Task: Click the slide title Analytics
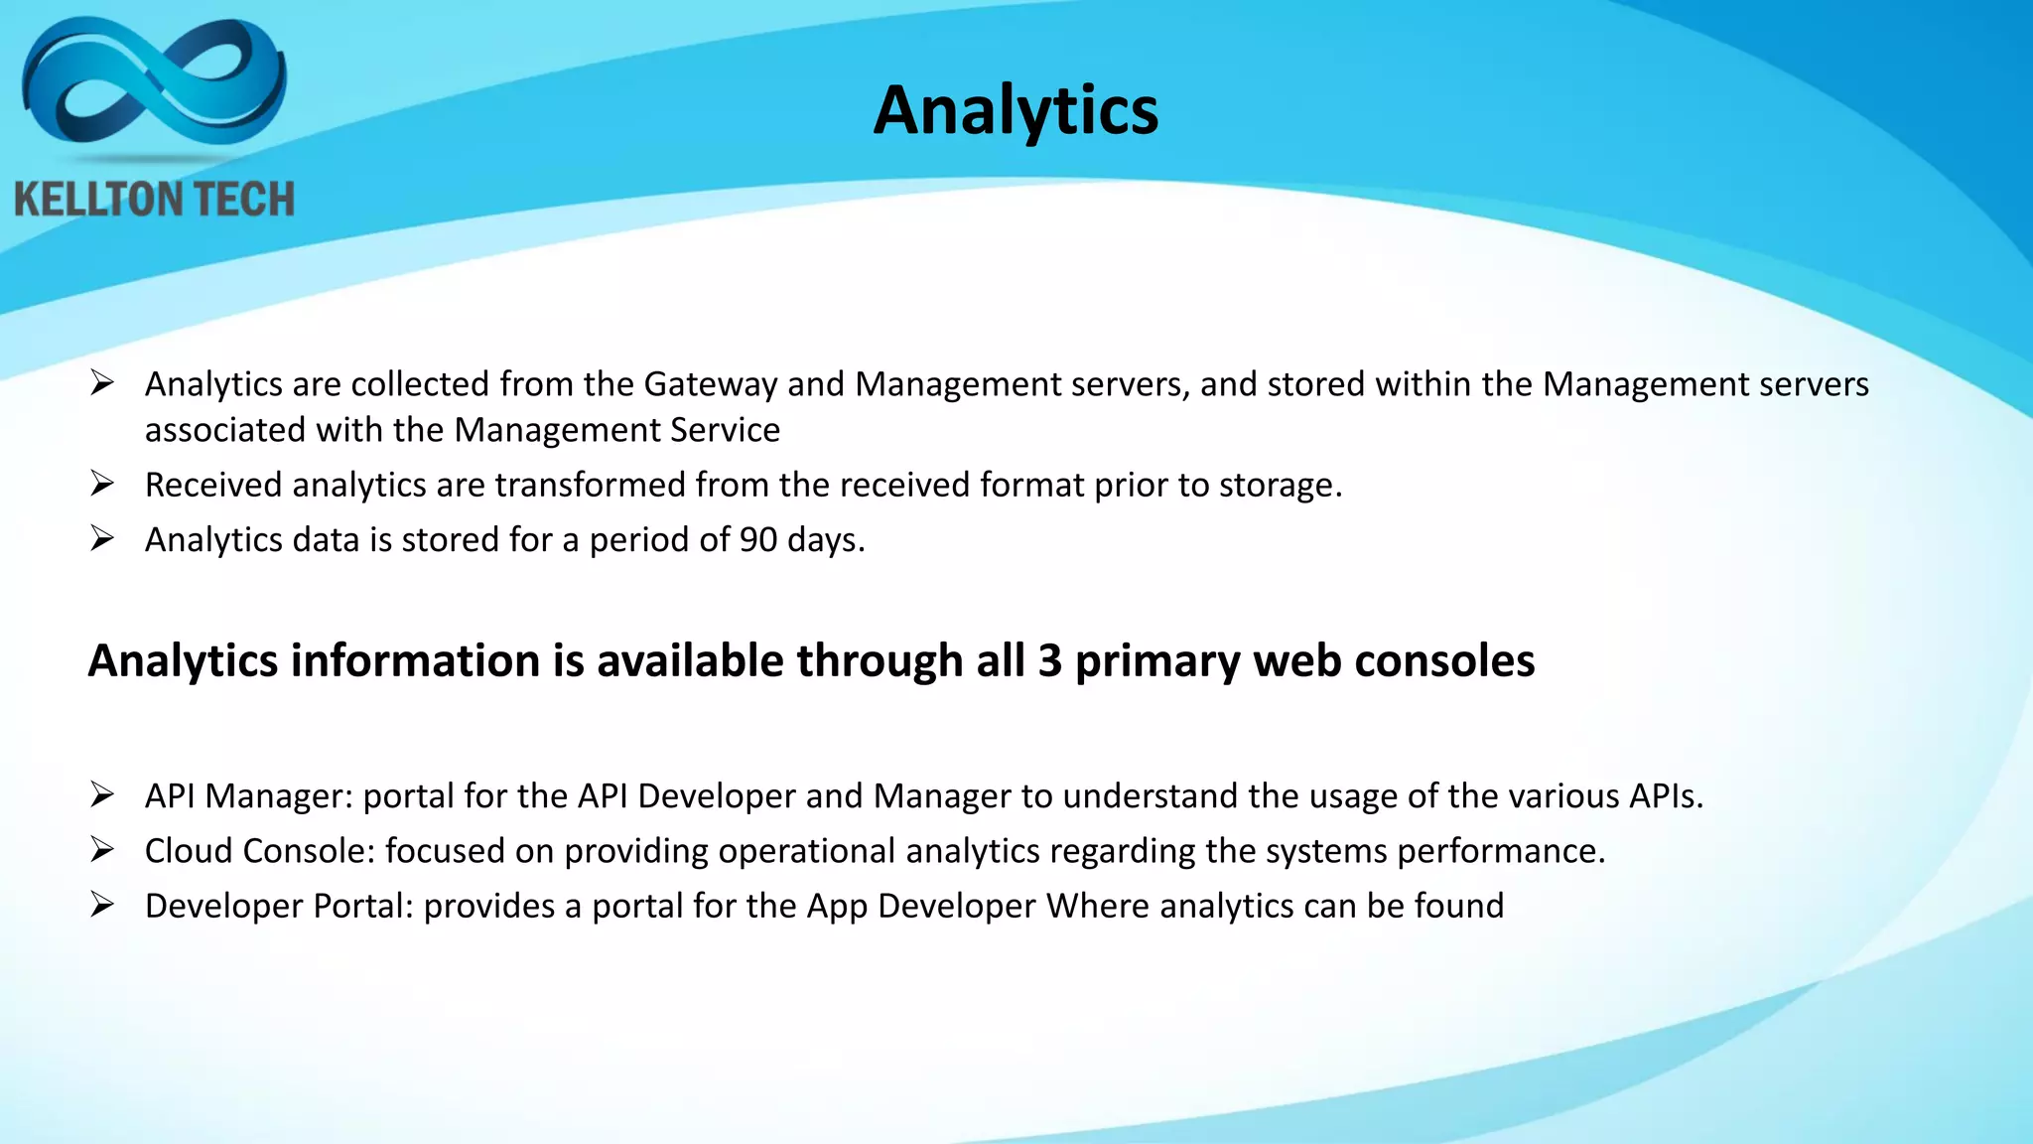pyautogui.click(x=1016, y=110)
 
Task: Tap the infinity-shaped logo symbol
pyautogui.click(x=154, y=83)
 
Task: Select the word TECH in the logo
pyautogui.click(x=242, y=200)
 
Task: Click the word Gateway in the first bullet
pyautogui.click(x=710, y=384)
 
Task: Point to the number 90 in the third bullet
pyautogui.click(x=758, y=540)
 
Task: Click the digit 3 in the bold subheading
pyautogui.click(x=1049, y=661)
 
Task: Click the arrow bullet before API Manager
pyautogui.click(x=102, y=794)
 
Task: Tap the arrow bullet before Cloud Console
pyautogui.click(x=102, y=850)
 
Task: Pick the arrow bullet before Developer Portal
pyautogui.click(x=102, y=905)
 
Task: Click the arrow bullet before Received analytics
pyautogui.click(x=102, y=484)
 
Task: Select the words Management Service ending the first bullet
pyautogui.click(x=616, y=431)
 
